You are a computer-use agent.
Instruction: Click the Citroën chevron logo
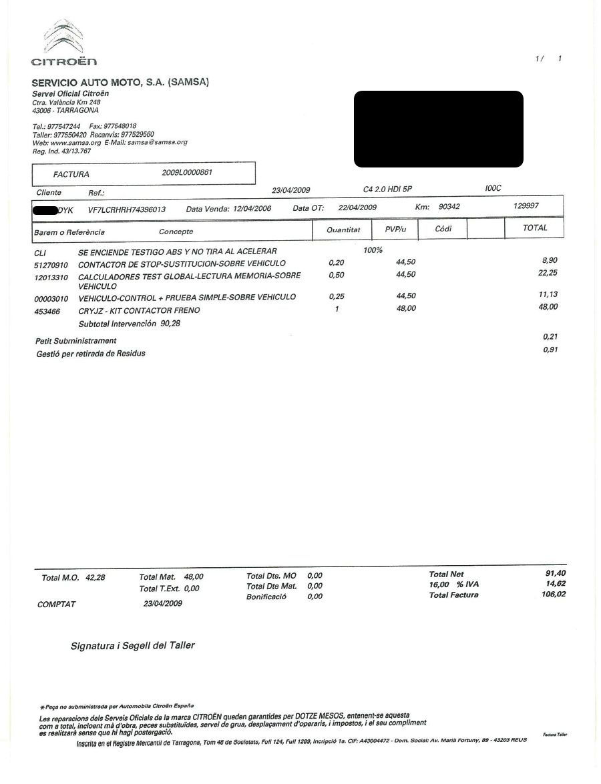(x=63, y=38)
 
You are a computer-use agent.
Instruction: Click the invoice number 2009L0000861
(x=188, y=172)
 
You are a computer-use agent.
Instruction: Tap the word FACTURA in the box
(x=71, y=175)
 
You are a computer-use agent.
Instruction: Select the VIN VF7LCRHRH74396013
(x=127, y=210)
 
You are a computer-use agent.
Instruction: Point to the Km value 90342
(x=449, y=208)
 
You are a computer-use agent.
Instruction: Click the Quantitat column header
(x=343, y=230)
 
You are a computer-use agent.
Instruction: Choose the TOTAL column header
(x=535, y=228)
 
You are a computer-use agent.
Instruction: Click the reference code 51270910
(x=51, y=265)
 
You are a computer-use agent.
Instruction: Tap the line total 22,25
(x=548, y=273)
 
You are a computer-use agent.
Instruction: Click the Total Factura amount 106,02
(x=553, y=594)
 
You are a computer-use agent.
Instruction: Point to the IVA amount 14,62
(x=556, y=584)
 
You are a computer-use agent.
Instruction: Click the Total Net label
(x=446, y=574)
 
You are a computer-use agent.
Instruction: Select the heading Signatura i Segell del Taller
(x=133, y=646)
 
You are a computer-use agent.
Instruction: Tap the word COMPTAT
(x=57, y=605)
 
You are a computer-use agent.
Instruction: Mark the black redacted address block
(x=438, y=129)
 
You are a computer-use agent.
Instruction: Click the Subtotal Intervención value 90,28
(x=170, y=324)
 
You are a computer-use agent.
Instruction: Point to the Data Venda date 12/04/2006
(x=252, y=209)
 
